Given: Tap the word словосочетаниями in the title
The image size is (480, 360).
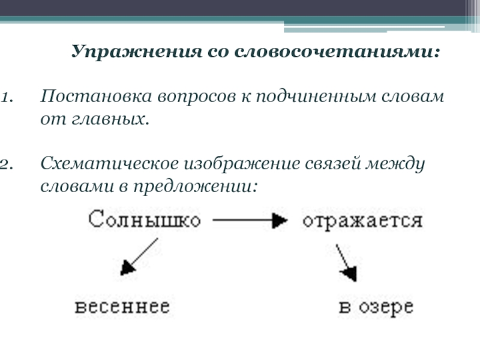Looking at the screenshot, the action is point(335,52).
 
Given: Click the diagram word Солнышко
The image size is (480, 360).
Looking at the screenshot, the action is point(144,220).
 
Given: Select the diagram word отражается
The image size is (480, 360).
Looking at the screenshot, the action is point(362,220).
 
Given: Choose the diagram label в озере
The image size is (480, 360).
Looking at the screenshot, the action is point(376,308).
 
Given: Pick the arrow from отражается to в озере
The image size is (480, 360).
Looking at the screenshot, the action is point(346,262).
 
